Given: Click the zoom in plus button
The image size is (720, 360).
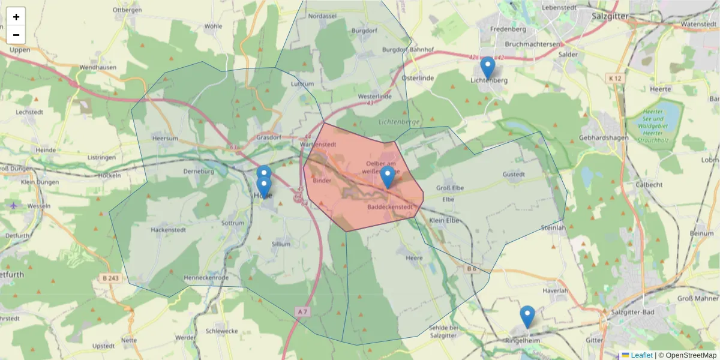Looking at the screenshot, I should [16, 16].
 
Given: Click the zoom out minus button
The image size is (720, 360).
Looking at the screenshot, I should [16, 35].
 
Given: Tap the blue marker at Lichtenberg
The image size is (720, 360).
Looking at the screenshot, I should [488, 68].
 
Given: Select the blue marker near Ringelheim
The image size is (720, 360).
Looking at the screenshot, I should [527, 316].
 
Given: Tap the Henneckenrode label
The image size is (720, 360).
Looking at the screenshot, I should [206, 278].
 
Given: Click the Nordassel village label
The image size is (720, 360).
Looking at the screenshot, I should [322, 16].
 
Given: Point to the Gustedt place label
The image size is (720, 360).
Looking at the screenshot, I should [514, 175].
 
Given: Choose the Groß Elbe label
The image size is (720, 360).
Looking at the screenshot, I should [450, 188].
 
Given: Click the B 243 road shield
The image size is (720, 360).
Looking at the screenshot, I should [110, 278].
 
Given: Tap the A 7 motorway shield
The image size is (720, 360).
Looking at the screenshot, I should [303, 311].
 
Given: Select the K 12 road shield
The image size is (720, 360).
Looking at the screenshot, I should [613, 78].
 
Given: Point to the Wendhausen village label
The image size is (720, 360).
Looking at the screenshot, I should [98, 67].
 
